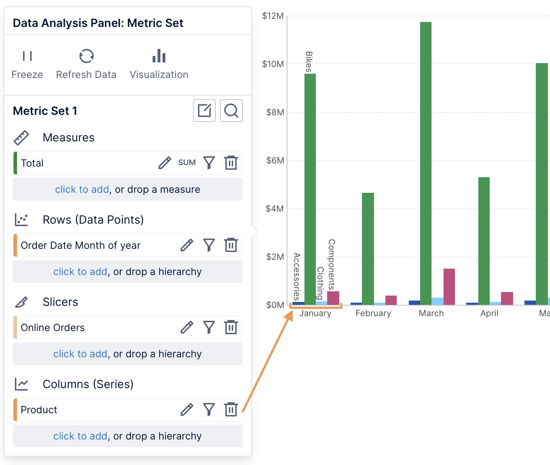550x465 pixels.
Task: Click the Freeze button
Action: [x=27, y=64]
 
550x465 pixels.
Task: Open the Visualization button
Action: [x=159, y=64]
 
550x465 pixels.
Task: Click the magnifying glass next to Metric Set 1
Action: [x=231, y=111]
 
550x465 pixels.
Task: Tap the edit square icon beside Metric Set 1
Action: [x=204, y=111]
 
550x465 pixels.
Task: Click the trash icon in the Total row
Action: [x=231, y=163]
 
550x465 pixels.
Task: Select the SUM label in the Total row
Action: [x=187, y=163]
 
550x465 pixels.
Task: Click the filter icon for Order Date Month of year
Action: [x=209, y=245]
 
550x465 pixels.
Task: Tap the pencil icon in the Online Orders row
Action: [x=187, y=327]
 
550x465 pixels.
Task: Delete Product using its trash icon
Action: [x=231, y=410]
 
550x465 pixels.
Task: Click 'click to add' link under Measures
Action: [x=82, y=190]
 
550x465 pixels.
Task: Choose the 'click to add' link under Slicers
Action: [x=80, y=354]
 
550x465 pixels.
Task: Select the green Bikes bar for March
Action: [x=426, y=163]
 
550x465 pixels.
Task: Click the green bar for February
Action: [x=368, y=248]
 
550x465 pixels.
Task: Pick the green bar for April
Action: [x=484, y=241]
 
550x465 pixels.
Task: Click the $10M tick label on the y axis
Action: [x=273, y=64]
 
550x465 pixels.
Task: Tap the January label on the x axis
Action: [x=315, y=313]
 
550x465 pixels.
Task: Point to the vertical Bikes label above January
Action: [x=309, y=62]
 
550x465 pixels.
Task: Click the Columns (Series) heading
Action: [x=88, y=384]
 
